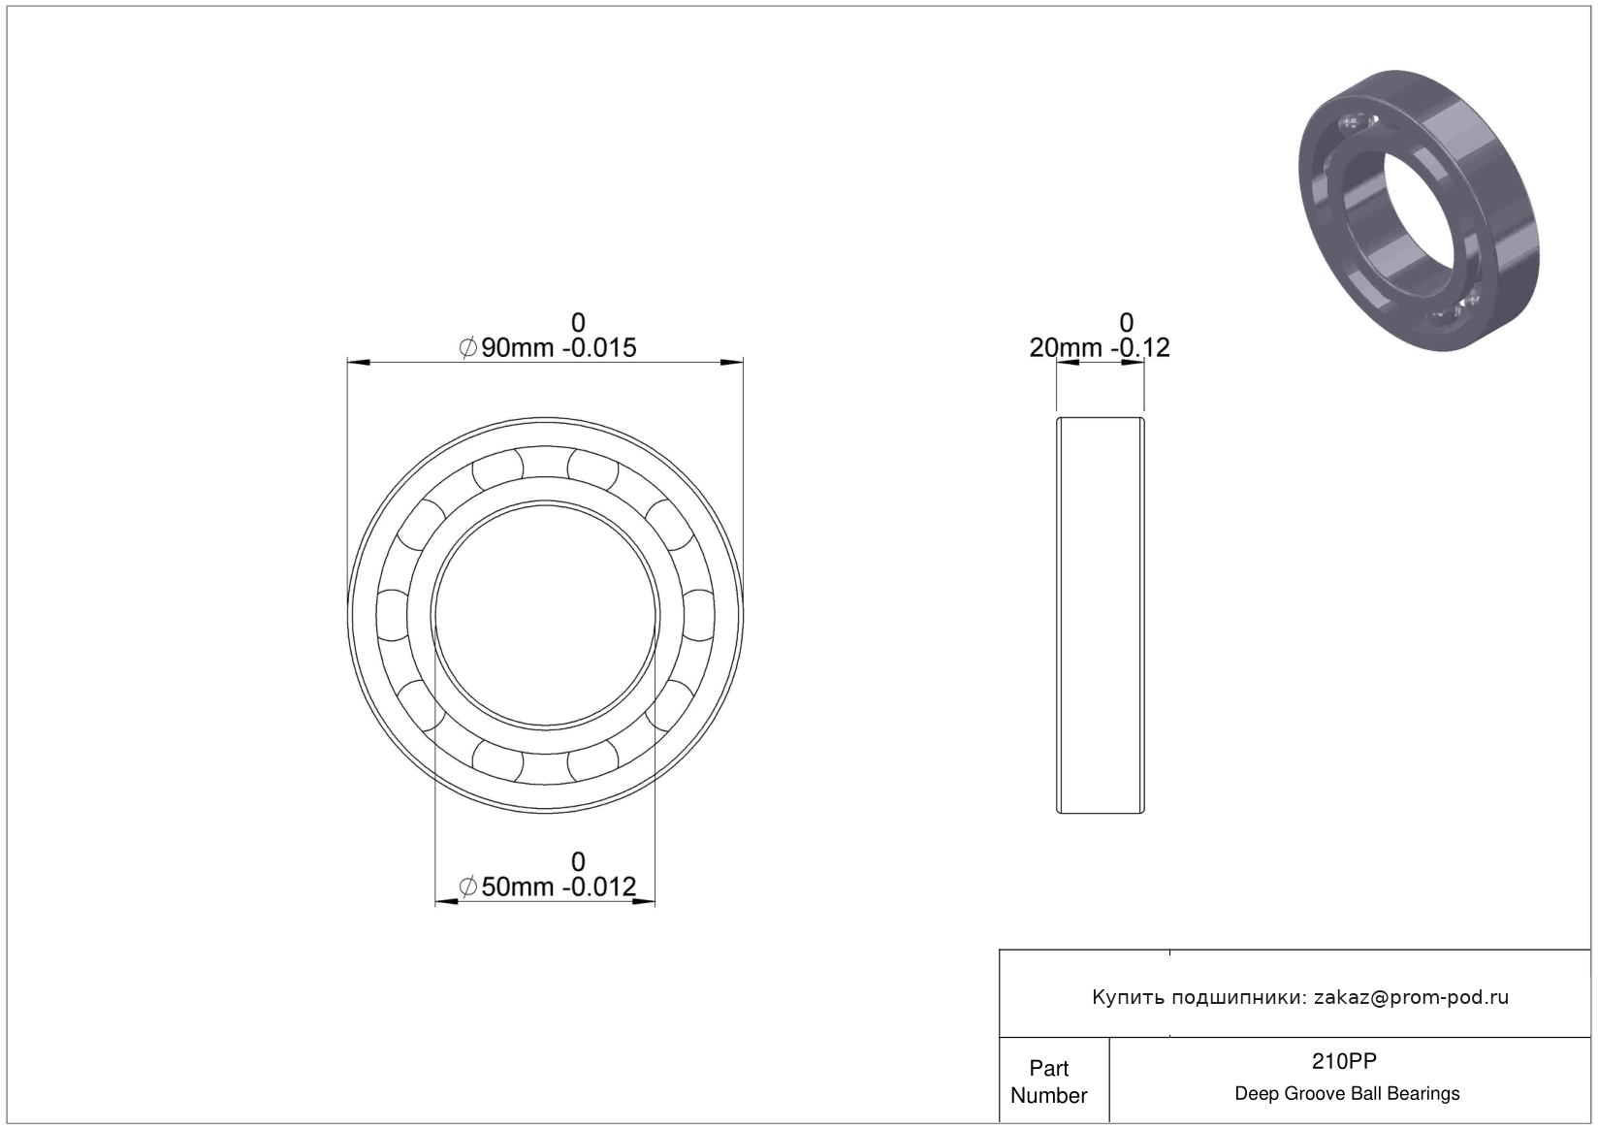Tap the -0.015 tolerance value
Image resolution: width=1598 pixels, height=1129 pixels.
599,347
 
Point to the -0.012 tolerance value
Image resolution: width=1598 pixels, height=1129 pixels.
599,887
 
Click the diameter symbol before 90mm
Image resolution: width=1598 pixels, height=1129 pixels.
468,347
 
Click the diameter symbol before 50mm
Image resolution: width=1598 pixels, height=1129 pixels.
468,887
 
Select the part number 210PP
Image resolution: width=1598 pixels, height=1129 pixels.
1344,1061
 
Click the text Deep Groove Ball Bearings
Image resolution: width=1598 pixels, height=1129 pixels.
1347,1093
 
